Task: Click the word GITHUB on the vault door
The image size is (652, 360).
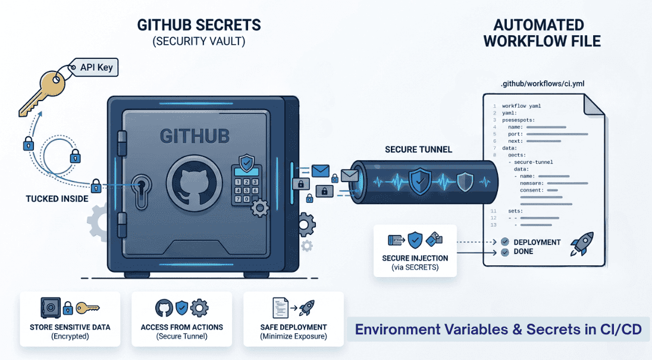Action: pyautogui.click(x=195, y=135)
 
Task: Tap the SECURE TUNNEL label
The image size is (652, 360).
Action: pyautogui.click(x=418, y=149)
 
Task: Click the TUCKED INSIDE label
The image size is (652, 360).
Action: pyautogui.click(x=57, y=199)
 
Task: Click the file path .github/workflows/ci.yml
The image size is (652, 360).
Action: pyautogui.click(x=542, y=84)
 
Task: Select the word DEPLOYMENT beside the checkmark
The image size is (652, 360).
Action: pyautogui.click(x=537, y=242)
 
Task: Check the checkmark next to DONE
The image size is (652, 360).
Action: pyautogui.click(x=505, y=252)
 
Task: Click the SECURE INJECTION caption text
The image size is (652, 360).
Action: pyautogui.click(x=415, y=258)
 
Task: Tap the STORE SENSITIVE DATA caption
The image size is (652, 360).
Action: pyautogui.click(x=70, y=327)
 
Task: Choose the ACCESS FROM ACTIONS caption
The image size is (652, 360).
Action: pyautogui.click(x=182, y=327)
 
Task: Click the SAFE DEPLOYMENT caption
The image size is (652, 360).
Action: pyautogui.click(x=293, y=327)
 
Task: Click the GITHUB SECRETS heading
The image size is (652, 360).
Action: pyautogui.click(x=199, y=26)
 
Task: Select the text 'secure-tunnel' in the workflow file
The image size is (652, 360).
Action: pyautogui.click(x=534, y=161)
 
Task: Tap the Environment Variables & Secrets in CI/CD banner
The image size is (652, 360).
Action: pyautogui.click(x=499, y=329)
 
